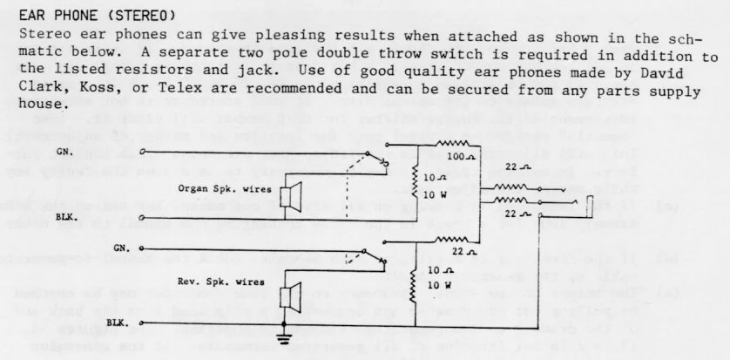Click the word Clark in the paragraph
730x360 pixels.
pos(38,89)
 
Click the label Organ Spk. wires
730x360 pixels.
pos(224,188)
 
